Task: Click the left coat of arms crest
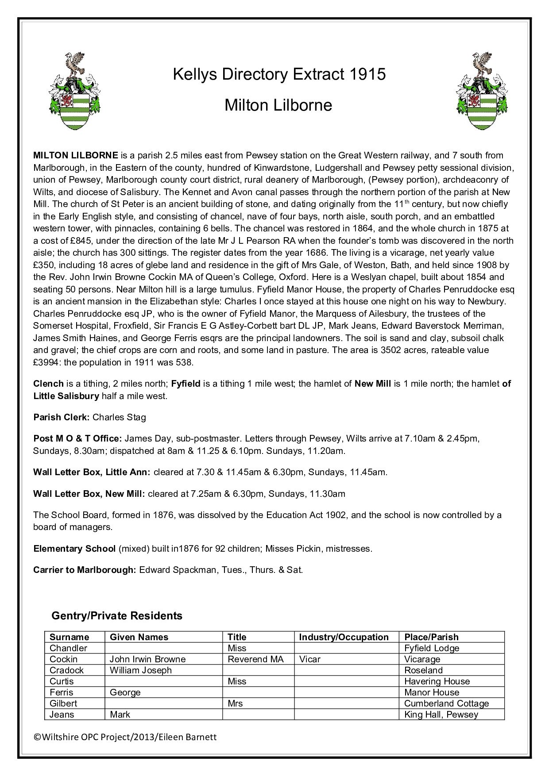(74, 91)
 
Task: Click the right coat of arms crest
(482, 91)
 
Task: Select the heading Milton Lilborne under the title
(278, 105)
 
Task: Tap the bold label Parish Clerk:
(62, 417)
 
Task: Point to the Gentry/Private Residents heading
(117, 615)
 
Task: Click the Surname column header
(69, 637)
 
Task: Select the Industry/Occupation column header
(344, 637)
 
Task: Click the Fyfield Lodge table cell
(432, 648)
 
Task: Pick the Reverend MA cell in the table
(255, 659)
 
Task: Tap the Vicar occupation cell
(309, 659)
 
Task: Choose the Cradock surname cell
(66, 670)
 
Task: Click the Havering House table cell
(437, 681)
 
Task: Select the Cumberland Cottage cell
(446, 703)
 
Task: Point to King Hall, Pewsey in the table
(441, 715)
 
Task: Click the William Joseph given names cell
(140, 670)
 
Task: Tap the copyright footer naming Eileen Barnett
(125, 737)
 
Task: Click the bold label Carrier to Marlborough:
(85, 570)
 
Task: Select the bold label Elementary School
(74, 549)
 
